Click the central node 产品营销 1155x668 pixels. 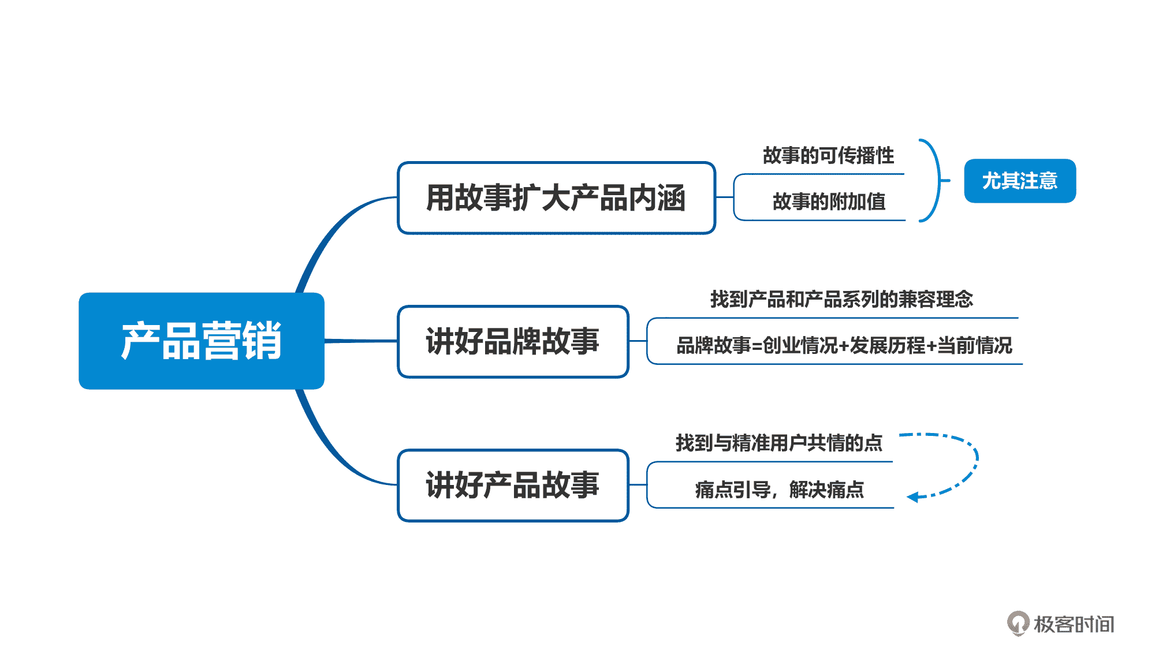(201, 341)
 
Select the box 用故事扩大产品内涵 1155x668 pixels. (556, 198)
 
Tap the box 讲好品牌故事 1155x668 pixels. (513, 341)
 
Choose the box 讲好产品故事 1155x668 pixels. (513, 485)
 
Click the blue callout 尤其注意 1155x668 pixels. (1020, 181)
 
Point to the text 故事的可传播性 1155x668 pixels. (828, 155)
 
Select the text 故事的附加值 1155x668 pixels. (829, 201)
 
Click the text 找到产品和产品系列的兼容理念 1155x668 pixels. (841, 299)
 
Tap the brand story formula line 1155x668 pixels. (844, 345)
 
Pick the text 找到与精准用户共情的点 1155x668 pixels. (779, 443)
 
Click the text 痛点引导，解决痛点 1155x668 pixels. (779, 490)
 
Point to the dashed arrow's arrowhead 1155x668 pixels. (912, 497)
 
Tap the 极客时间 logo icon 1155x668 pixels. (1018, 624)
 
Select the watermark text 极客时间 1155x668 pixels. (1074, 624)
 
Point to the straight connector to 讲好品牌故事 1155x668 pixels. (361, 341)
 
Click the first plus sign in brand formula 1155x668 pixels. (843, 346)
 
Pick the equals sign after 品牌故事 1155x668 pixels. (757, 346)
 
